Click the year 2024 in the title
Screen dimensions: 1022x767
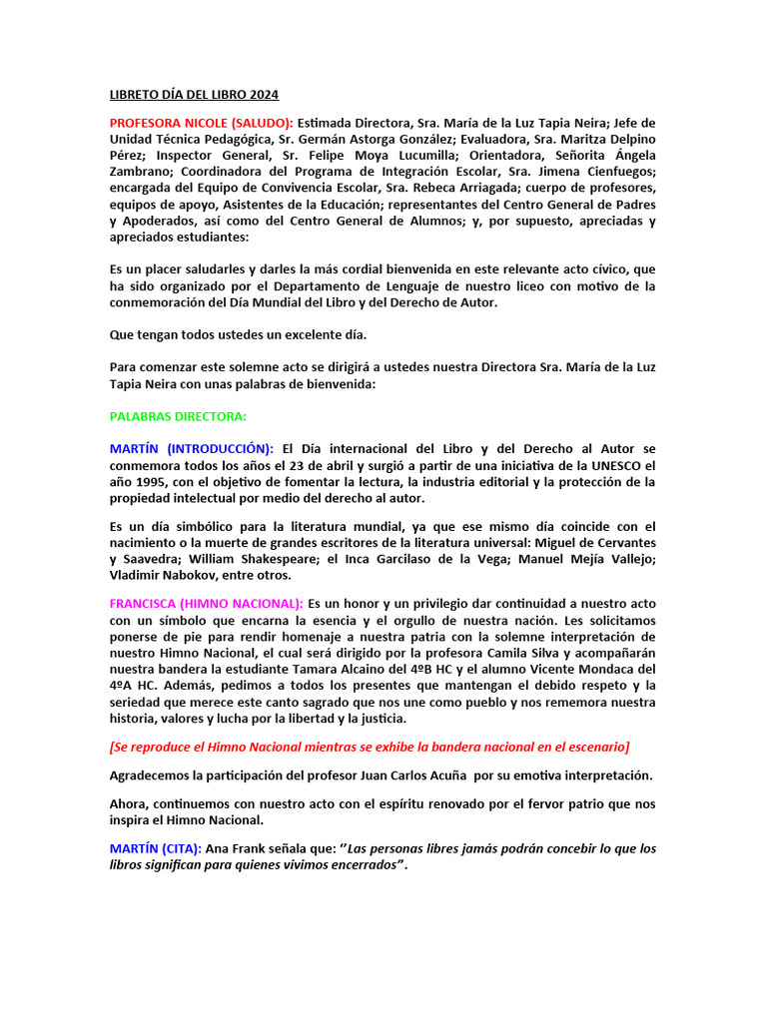point(263,95)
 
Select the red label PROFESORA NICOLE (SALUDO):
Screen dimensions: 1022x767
point(202,123)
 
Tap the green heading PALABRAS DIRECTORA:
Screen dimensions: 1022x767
point(178,416)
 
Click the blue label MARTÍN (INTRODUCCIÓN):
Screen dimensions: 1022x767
point(192,449)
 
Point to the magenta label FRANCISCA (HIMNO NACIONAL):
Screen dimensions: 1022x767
point(207,603)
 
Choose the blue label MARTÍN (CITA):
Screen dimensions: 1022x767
point(156,848)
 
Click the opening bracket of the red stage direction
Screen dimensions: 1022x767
point(112,747)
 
